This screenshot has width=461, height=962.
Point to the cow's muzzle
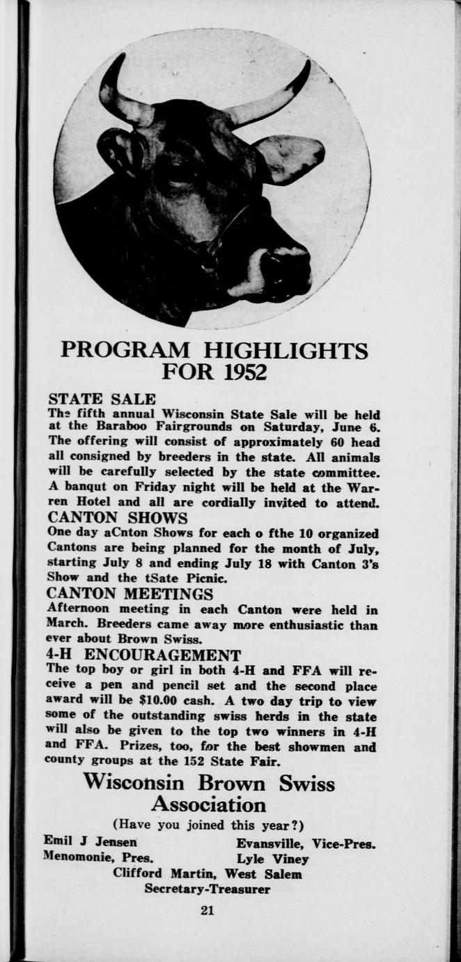[282, 268]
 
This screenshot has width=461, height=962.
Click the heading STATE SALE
[102, 399]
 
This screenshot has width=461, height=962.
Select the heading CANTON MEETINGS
[130, 594]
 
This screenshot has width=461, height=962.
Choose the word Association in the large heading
[209, 805]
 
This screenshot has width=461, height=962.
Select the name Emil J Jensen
[90, 842]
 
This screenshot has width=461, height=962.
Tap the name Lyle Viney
[272, 858]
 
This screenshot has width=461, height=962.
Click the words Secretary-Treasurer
[207, 890]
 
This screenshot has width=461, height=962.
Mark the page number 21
[207, 910]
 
